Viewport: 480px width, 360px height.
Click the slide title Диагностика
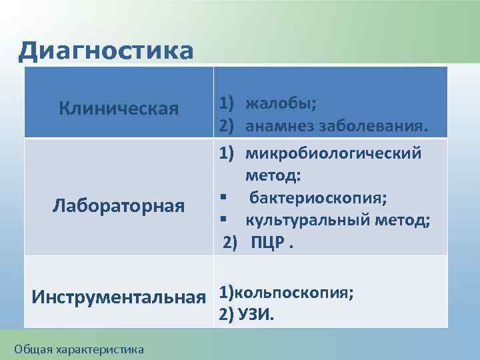point(106,51)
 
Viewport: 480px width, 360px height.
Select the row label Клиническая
point(118,108)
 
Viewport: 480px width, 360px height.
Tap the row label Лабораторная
point(118,207)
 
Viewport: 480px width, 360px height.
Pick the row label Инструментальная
point(117,297)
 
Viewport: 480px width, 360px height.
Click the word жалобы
point(280,104)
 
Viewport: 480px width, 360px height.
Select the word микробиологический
point(333,154)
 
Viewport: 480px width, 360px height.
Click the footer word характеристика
point(99,347)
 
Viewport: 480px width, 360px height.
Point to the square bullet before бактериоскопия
point(228,199)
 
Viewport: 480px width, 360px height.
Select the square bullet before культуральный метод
point(228,221)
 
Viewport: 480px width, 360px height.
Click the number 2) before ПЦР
point(230,243)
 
